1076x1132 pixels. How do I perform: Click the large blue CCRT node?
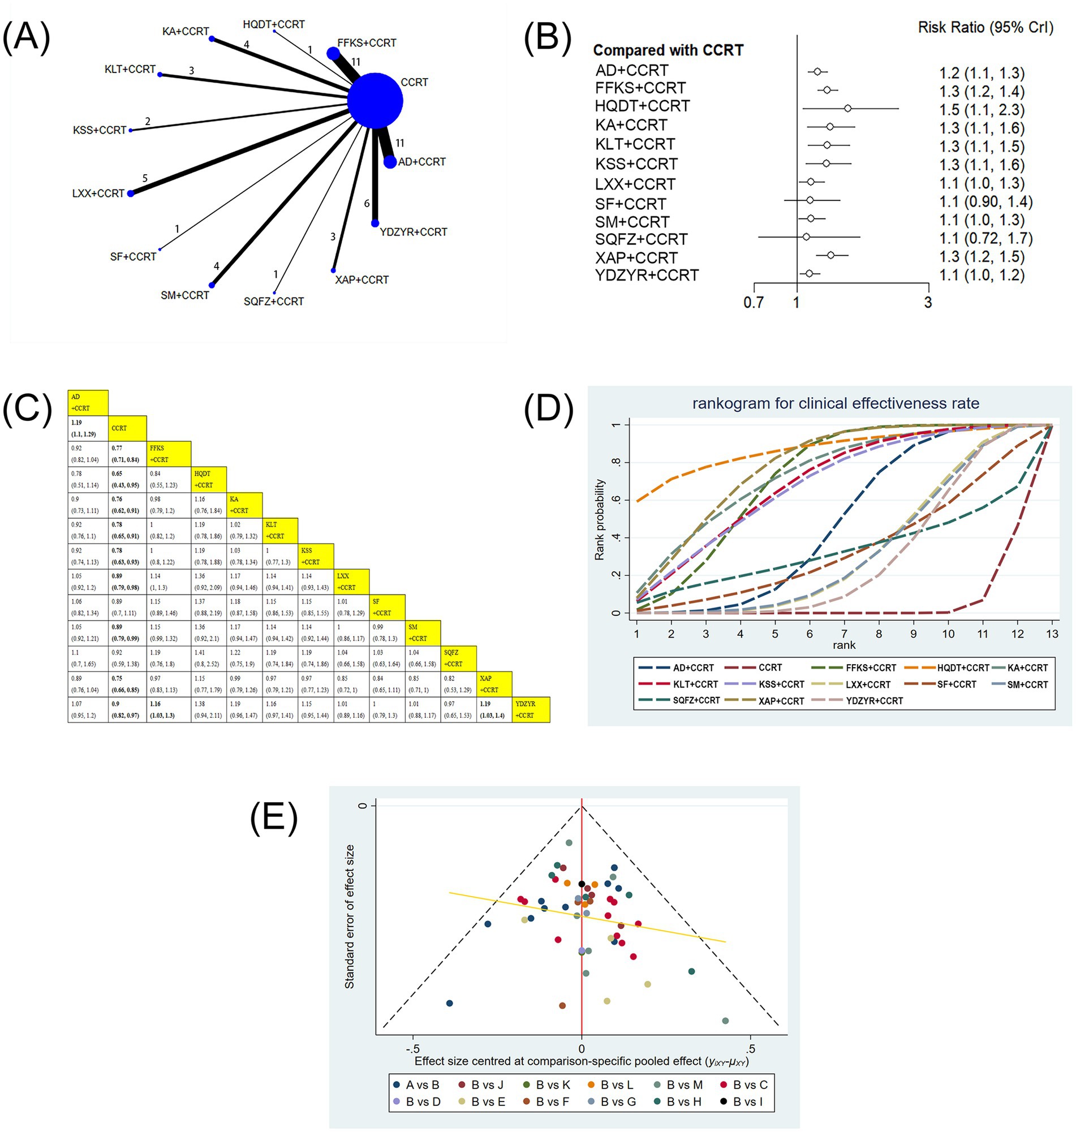375,101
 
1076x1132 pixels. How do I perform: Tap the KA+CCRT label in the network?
185,31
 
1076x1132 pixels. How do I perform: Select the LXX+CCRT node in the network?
131,194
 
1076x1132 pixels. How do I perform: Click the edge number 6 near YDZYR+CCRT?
367,204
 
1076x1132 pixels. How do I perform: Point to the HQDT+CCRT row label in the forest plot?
642,106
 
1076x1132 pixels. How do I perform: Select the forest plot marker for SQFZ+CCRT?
806,237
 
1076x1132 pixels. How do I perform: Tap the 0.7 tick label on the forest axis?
753,302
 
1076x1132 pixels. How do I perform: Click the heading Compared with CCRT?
668,50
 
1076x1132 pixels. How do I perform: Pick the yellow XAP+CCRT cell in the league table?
494,683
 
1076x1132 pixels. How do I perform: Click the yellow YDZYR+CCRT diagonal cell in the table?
531,709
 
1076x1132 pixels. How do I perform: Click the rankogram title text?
835,403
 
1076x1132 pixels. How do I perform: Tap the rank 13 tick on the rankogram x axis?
1051,634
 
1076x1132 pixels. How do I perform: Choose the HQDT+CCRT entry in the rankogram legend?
962,668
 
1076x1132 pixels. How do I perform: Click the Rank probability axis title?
599,519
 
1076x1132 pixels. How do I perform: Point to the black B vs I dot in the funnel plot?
582,884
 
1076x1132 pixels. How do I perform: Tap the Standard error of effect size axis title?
349,916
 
